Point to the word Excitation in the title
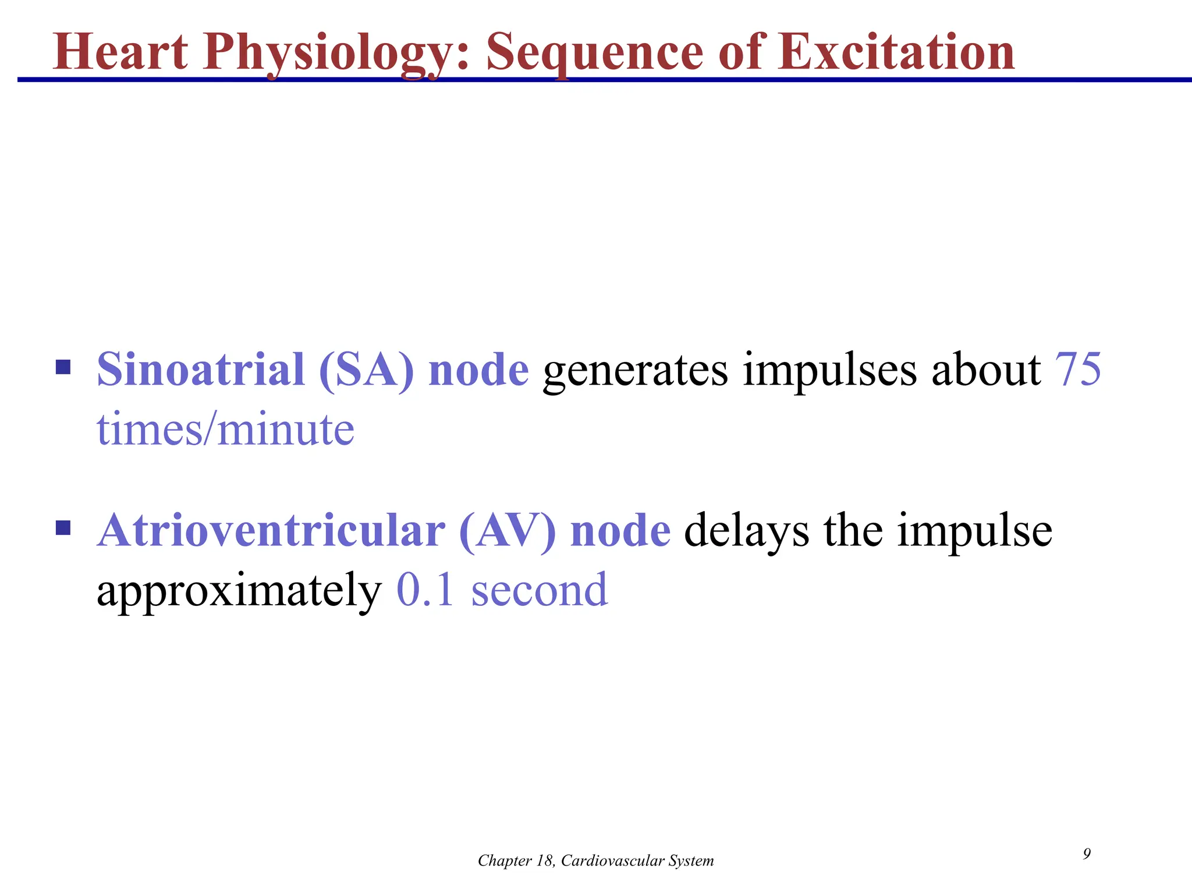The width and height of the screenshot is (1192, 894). point(902,52)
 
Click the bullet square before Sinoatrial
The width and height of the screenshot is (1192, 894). point(63,367)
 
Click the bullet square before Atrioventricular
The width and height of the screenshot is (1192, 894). point(63,528)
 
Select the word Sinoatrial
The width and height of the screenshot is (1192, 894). point(201,370)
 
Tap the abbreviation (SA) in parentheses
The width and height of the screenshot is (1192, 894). point(366,371)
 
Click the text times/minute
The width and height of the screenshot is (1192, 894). point(225,430)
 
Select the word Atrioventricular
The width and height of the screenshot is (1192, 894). point(271,531)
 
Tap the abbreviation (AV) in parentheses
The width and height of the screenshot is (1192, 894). point(507,532)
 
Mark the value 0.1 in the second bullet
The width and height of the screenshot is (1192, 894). point(425,590)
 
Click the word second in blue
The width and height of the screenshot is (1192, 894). point(540,590)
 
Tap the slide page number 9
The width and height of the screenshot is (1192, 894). point(1087,854)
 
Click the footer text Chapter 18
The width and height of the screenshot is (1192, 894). point(516,861)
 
